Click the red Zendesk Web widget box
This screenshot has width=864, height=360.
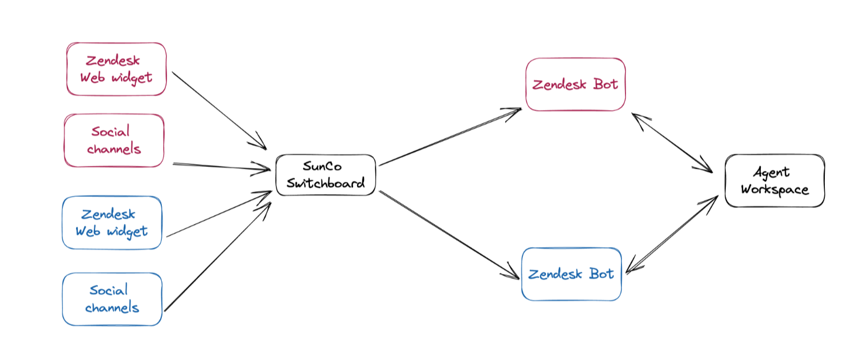116,69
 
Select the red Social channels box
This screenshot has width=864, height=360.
114,141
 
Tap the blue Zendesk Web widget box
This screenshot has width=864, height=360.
112,223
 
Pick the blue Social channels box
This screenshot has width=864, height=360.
112,299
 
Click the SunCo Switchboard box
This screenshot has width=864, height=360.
325,175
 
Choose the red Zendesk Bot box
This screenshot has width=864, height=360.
575,85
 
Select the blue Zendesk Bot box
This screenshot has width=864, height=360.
571,274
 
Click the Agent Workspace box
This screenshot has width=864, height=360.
775,181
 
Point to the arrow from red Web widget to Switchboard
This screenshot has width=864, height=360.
219,110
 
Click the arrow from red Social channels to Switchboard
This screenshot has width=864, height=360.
222,166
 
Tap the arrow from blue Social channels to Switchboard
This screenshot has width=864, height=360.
218,256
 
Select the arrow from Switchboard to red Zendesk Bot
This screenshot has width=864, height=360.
449,137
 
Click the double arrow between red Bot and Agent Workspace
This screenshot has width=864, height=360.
672,143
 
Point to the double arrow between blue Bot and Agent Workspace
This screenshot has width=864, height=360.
672,234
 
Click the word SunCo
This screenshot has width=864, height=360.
322,166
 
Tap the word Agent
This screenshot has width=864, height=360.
771,172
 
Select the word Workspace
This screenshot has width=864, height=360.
775,190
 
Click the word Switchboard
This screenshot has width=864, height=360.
325,184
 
